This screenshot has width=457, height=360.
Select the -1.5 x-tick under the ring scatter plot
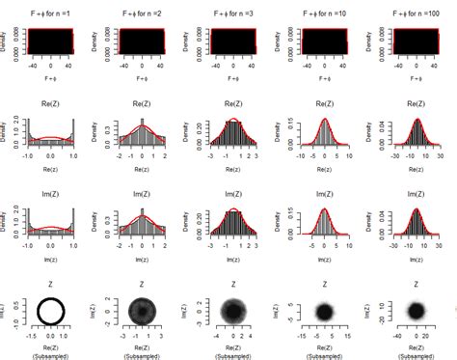point(28,338)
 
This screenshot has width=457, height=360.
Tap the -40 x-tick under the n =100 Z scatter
point(390,338)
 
